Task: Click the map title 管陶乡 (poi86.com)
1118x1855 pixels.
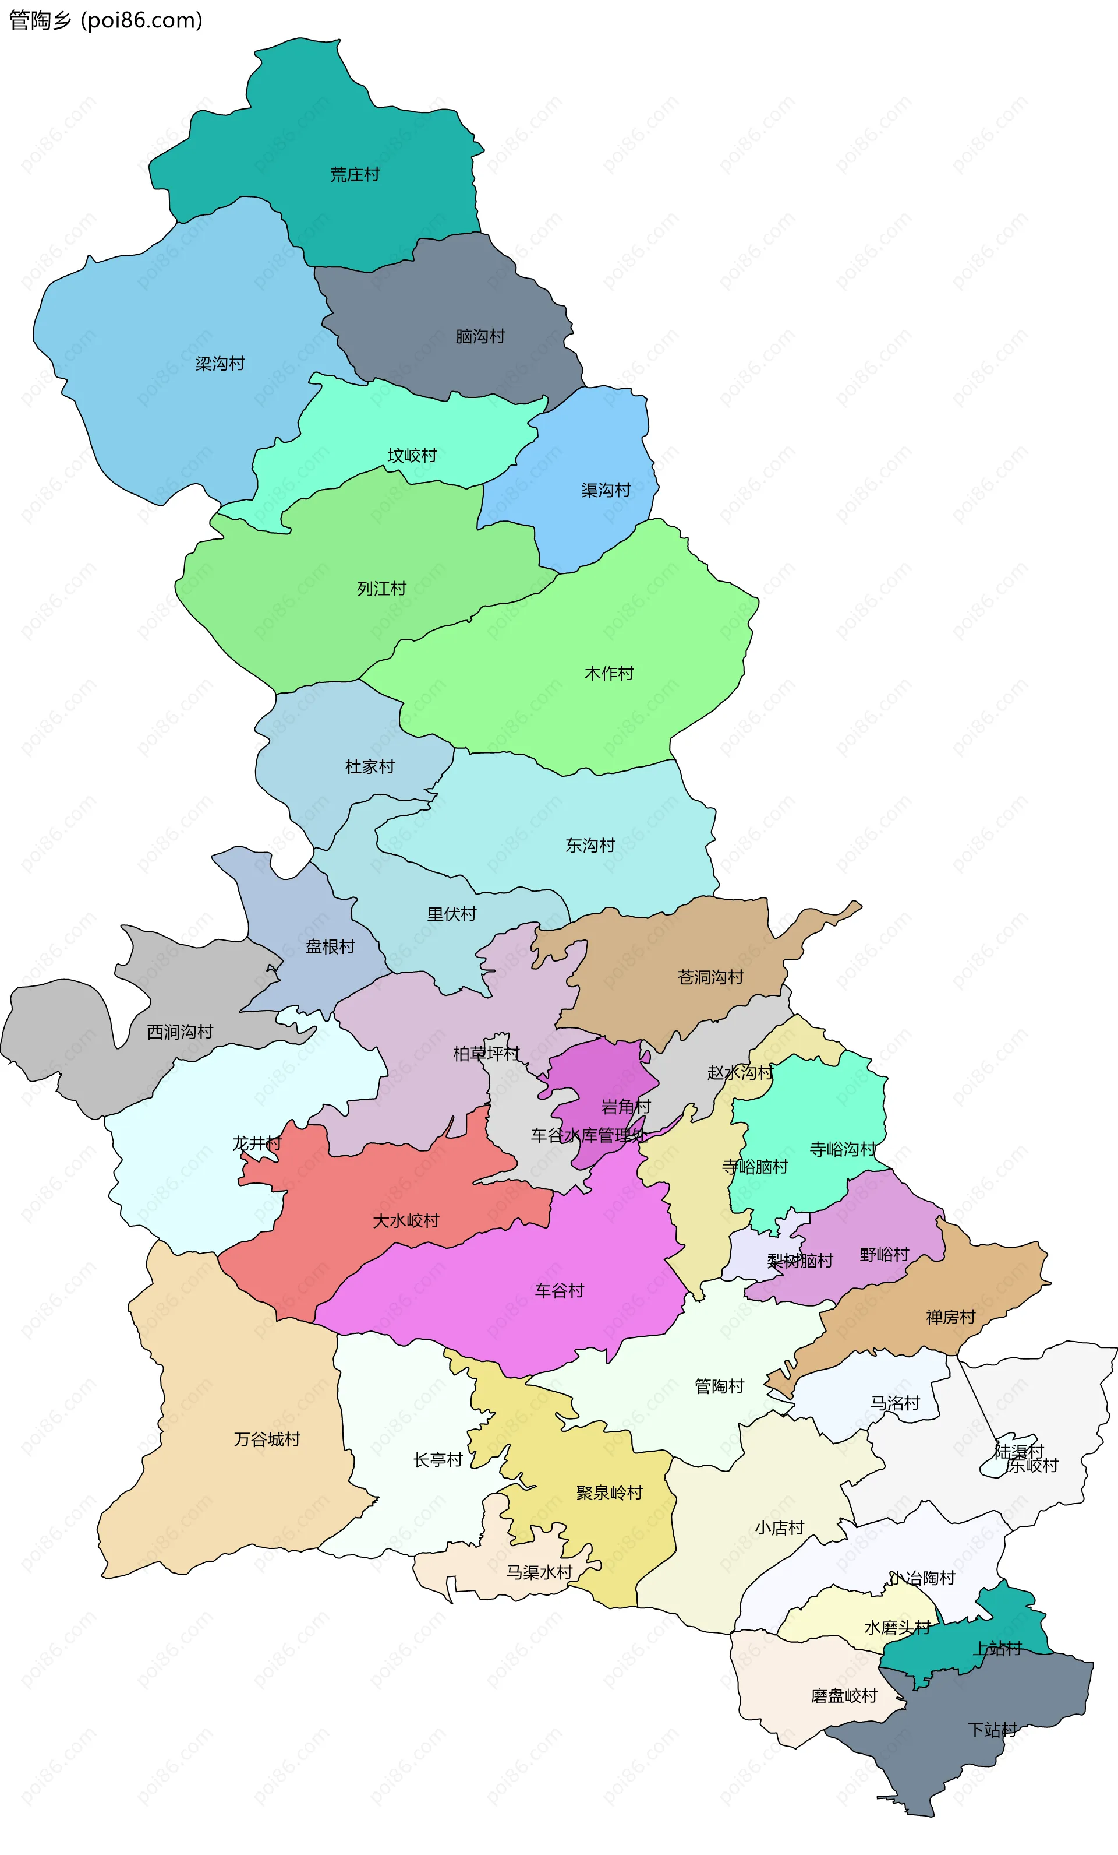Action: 105,20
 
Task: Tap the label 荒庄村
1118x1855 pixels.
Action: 355,175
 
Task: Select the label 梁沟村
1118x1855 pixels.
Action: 221,364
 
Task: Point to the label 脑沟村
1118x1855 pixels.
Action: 480,336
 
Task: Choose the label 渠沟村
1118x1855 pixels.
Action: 606,490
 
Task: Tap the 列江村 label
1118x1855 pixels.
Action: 381,589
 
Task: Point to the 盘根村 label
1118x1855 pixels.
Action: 330,947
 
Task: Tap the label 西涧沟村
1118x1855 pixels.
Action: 180,1032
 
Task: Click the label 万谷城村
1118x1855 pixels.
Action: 267,1439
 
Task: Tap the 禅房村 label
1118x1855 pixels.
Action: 950,1317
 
